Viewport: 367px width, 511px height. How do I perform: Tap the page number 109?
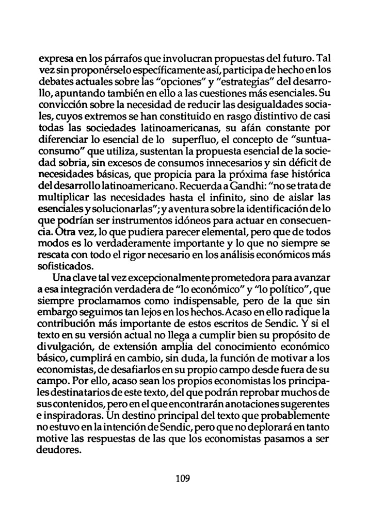coord(183,478)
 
